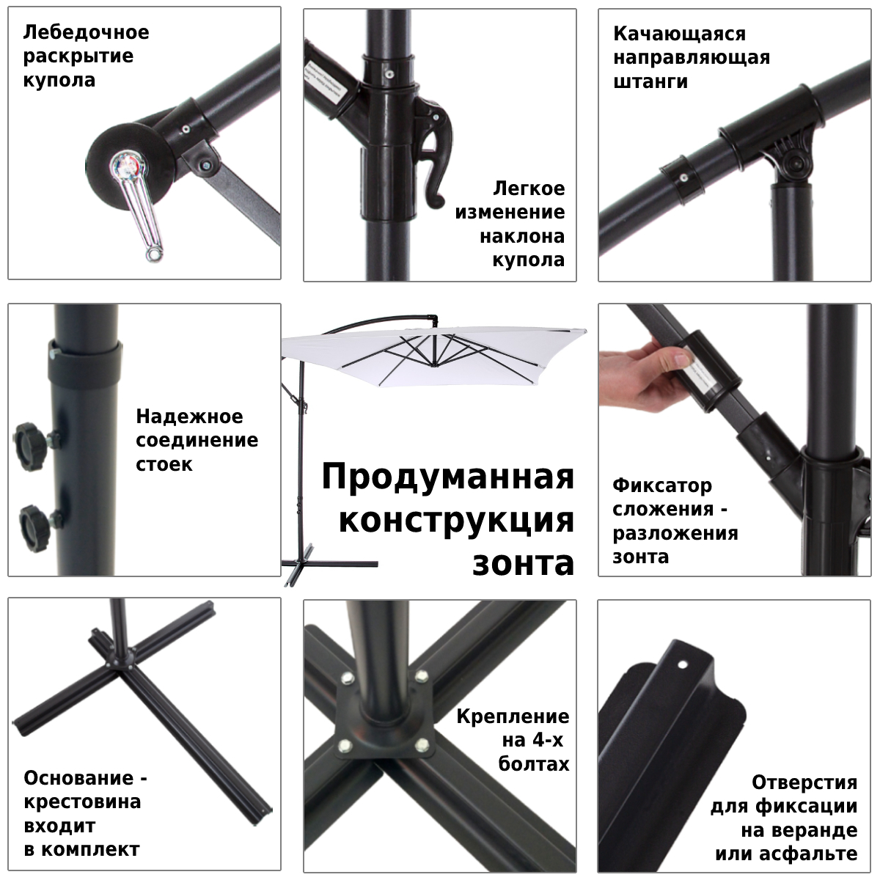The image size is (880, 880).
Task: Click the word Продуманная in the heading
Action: tap(447, 477)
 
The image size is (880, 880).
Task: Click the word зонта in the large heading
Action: tap(523, 563)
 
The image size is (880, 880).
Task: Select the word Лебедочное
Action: tap(86, 33)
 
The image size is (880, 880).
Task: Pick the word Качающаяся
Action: tap(669, 34)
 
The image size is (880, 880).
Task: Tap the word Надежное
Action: tap(189, 417)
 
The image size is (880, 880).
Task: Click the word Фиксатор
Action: tap(662, 485)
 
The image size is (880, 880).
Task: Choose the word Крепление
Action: tap(513, 716)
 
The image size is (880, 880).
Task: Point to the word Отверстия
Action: tap(804, 782)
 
